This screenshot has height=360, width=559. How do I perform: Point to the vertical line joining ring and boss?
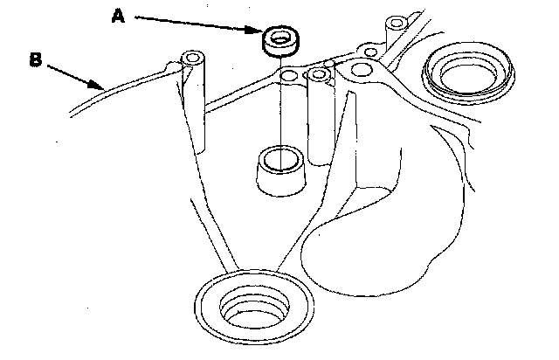[281, 114]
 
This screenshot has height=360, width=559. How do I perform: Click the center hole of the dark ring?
[280, 38]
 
